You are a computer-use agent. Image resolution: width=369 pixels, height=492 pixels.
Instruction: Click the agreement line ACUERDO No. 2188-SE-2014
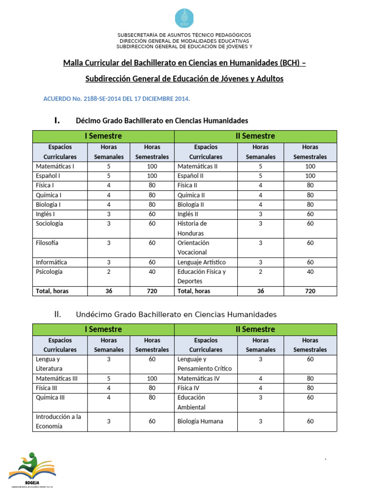[117, 98]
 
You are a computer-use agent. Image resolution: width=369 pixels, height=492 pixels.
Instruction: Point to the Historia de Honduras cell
[192, 228]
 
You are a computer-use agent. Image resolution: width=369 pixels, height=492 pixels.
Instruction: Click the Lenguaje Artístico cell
[201, 262]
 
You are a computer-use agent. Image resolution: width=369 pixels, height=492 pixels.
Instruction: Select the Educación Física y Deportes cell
[201, 276]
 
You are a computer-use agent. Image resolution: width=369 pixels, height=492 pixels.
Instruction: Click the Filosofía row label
[47, 243]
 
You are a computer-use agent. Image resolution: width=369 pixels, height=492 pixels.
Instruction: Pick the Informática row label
[51, 262]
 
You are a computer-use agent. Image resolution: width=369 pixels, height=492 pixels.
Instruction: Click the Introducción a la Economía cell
[58, 421]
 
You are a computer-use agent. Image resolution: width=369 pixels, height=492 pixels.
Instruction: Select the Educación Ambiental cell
[192, 402]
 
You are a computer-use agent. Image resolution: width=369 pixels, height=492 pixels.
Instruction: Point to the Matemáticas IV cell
[198, 379]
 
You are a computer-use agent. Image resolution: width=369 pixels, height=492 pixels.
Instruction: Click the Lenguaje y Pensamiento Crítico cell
[204, 364]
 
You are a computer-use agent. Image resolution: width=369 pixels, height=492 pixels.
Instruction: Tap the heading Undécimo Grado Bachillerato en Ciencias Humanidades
[176, 315]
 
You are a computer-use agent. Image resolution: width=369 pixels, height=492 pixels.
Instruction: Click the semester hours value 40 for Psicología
[152, 271]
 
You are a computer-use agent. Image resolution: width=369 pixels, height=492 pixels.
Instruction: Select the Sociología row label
[49, 223]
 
